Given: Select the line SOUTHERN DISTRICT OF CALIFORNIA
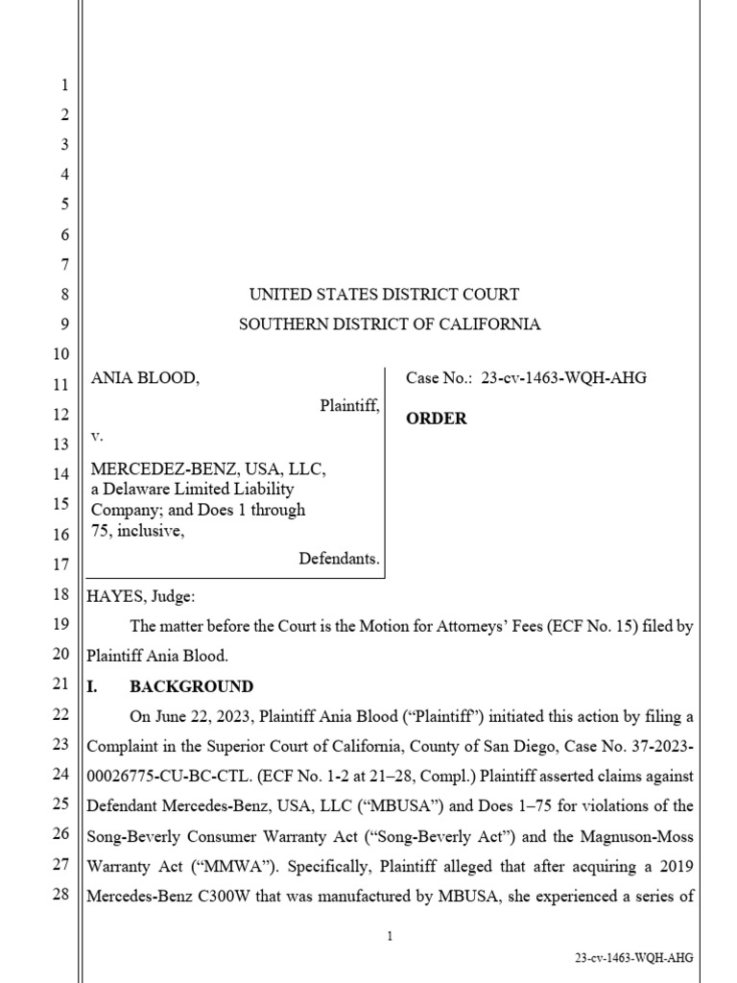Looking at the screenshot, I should click(390, 324).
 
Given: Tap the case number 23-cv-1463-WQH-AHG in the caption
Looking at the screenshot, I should click(564, 378).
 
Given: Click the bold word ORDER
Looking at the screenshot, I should click(437, 419).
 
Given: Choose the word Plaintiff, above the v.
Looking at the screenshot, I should click(349, 407).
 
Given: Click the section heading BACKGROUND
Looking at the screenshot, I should click(192, 686).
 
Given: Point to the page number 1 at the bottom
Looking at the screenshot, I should click(391, 937).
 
